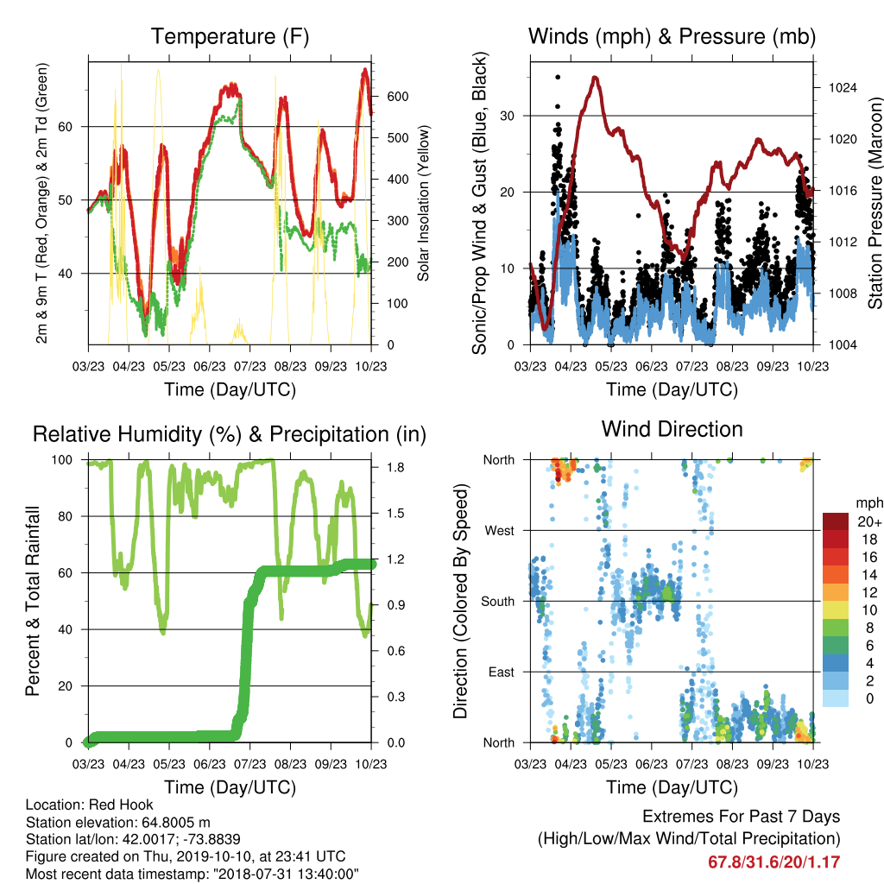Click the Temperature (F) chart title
230,36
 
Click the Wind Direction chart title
672,429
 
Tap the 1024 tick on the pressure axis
843,87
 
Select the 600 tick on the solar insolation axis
397,97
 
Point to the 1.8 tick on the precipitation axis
395,467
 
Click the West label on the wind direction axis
500,531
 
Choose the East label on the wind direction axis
502,672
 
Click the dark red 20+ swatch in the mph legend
836,521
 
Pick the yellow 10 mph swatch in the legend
836,610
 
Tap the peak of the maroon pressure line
595,77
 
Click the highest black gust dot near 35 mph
558,77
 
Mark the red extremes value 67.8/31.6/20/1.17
774,862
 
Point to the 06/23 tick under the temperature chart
209,366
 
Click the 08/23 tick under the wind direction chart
732,764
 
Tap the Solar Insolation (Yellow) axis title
423,203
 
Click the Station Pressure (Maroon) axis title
875,204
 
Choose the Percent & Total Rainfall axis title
33,601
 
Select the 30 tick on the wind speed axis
508,116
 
